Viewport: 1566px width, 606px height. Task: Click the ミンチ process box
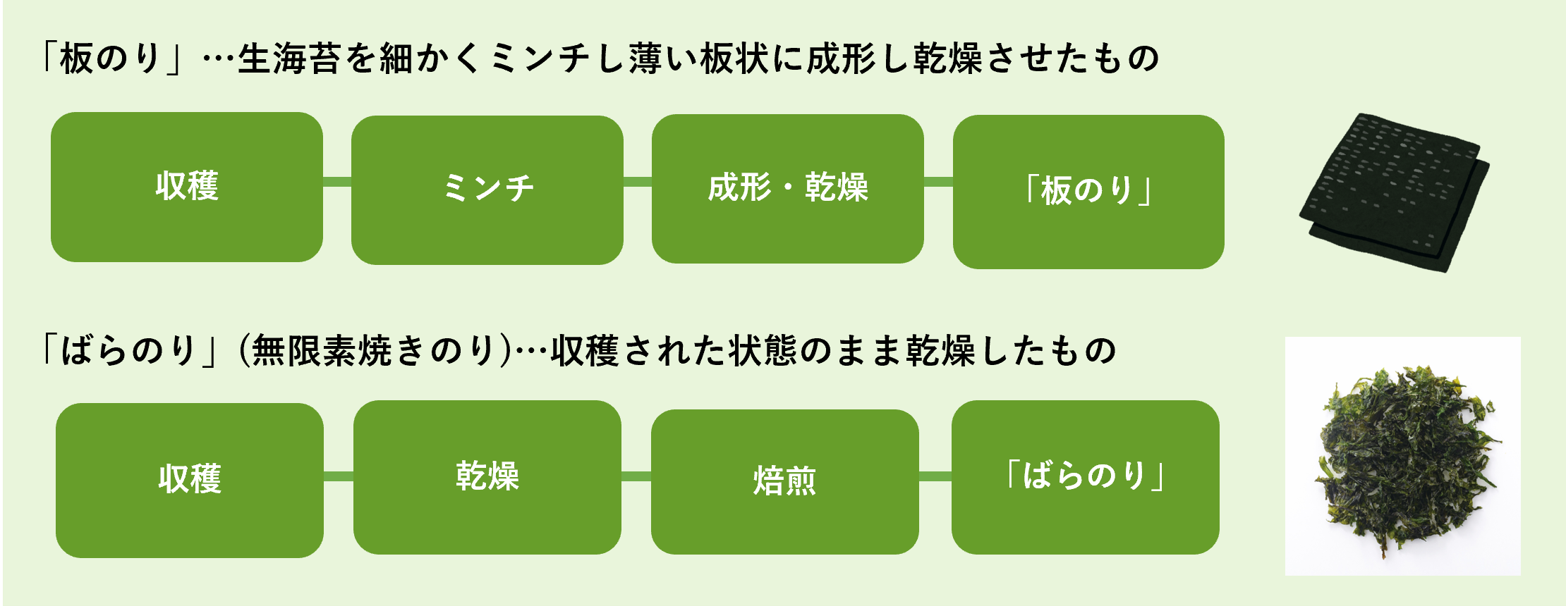pyautogui.click(x=487, y=190)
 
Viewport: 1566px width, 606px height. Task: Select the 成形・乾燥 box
pyautogui.click(x=787, y=188)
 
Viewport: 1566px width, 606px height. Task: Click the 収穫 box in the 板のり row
pyautogui.click(x=187, y=187)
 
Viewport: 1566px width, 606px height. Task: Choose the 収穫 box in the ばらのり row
pyautogui.click(x=189, y=480)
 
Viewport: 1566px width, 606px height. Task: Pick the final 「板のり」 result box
pyautogui.click(x=1088, y=191)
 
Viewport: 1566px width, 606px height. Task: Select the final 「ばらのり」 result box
pyautogui.click(x=1085, y=477)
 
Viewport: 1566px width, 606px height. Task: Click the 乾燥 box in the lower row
pyautogui.click(x=487, y=477)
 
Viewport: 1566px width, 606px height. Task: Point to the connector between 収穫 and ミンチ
pyautogui.click(x=337, y=182)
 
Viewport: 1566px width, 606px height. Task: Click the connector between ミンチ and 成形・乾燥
pyautogui.click(x=638, y=182)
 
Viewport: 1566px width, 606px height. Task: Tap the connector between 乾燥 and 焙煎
pyautogui.click(x=636, y=477)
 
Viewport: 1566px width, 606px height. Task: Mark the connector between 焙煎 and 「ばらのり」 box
pyautogui.click(x=935, y=477)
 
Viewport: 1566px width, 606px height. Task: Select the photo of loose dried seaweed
pyautogui.click(x=1402, y=456)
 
